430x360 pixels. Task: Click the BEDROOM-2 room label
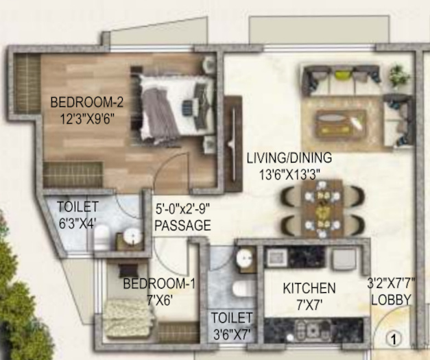pyautogui.click(x=87, y=102)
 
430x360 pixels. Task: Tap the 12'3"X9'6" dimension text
pyautogui.click(x=87, y=119)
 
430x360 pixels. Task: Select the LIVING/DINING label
pyautogui.click(x=289, y=158)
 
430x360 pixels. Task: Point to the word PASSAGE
pyautogui.click(x=183, y=226)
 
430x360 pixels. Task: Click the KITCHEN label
pyautogui.click(x=309, y=288)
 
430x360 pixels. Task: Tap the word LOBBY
pyautogui.click(x=392, y=300)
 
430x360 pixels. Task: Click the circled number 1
pyautogui.click(x=394, y=339)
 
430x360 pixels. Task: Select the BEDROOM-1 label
pyautogui.click(x=159, y=283)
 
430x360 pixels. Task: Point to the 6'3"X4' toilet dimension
pyautogui.click(x=77, y=224)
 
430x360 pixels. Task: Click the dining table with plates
pyautogui.click(x=323, y=209)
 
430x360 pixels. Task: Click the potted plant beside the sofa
pyautogui.click(x=400, y=75)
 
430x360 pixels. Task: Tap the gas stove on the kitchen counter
pyautogui.click(x=312, y=331)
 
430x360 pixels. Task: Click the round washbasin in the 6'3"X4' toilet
pyautogui.click(x=133, y=235)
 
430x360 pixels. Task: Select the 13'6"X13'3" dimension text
pyautogui.click(x=289, y=175)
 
